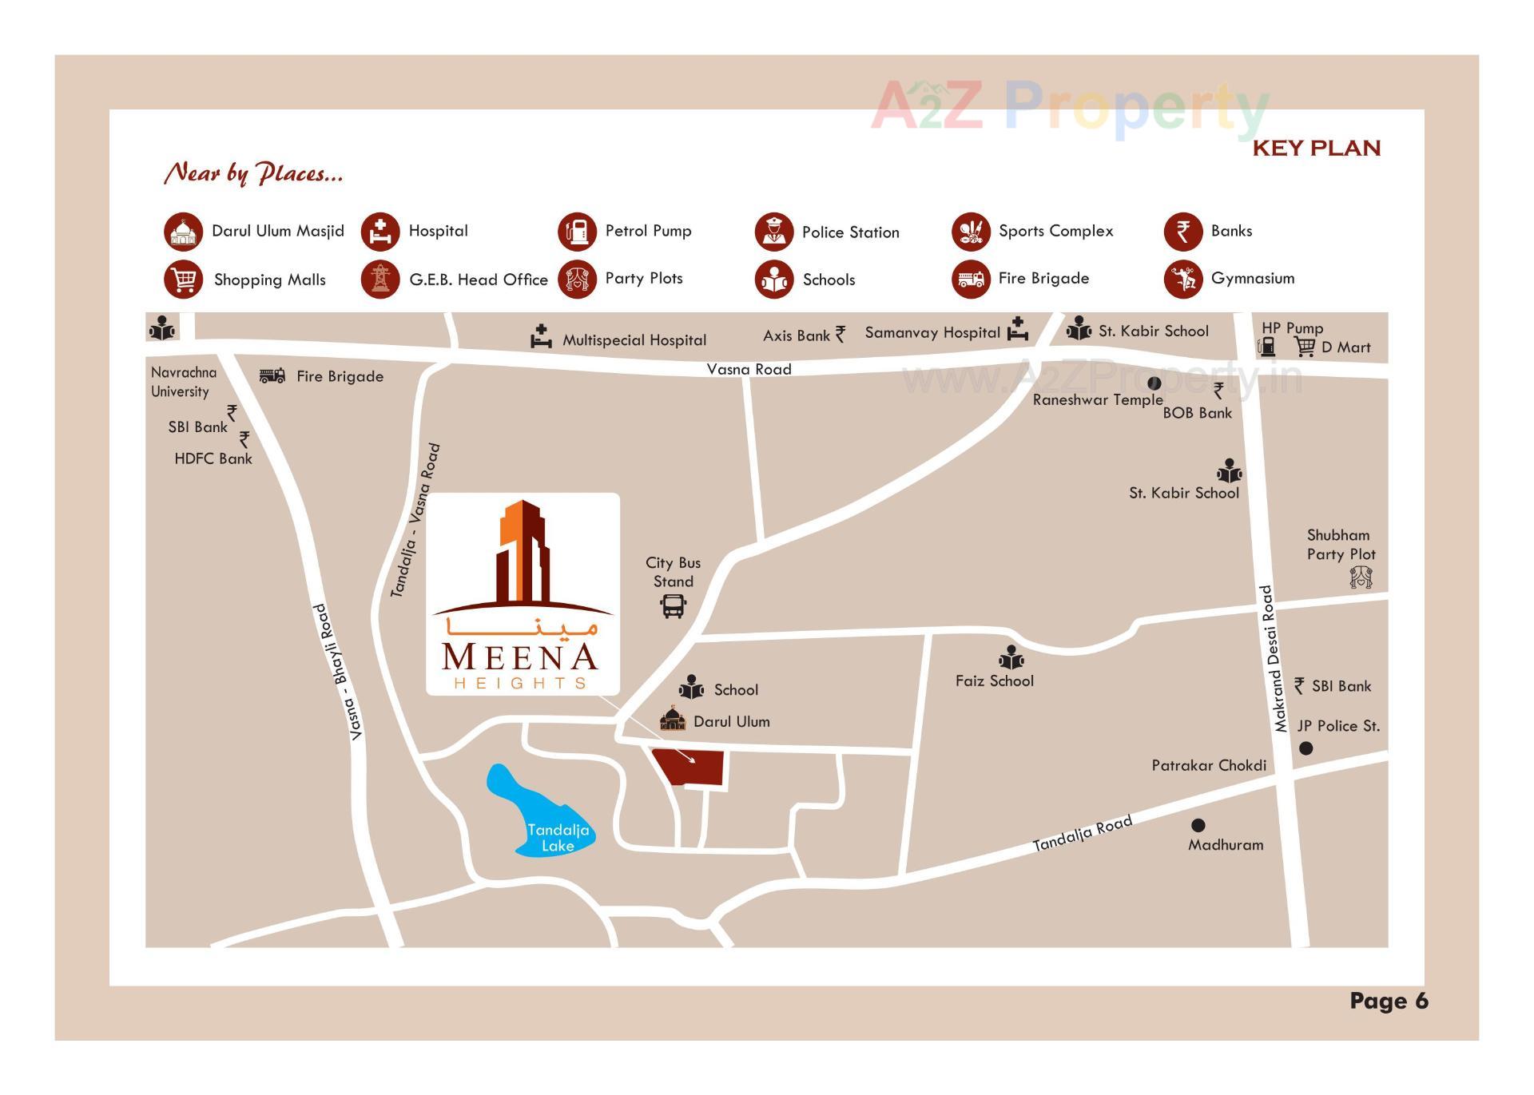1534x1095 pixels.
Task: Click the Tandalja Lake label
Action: point(558,838)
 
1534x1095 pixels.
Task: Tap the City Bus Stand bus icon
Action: point(673,606)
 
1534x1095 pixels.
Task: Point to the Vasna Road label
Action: point(749,369)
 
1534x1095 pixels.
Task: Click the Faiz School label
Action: point(994,680)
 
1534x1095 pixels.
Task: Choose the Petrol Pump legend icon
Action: point(577,232)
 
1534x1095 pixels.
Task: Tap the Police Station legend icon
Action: point(773,232)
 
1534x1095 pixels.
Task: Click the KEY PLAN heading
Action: point(1316,149)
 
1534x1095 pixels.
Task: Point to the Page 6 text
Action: point(1389,1001)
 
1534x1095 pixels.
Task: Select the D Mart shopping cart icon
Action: point(1305,347)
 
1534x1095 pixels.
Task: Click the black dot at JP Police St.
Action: point(1305,748)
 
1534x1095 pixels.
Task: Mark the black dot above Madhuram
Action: point(1198,825)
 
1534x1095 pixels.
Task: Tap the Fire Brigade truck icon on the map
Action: point(272,375)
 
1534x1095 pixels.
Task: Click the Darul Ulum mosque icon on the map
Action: point(673,720)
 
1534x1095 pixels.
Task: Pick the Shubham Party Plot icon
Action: point(1361,577)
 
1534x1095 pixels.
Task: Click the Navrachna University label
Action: point(183,382)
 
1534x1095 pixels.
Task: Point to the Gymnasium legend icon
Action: point(1182,280)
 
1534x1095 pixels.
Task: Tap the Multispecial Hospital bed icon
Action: point(541,337)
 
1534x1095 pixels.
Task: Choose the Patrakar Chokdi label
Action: point(1208,765)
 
